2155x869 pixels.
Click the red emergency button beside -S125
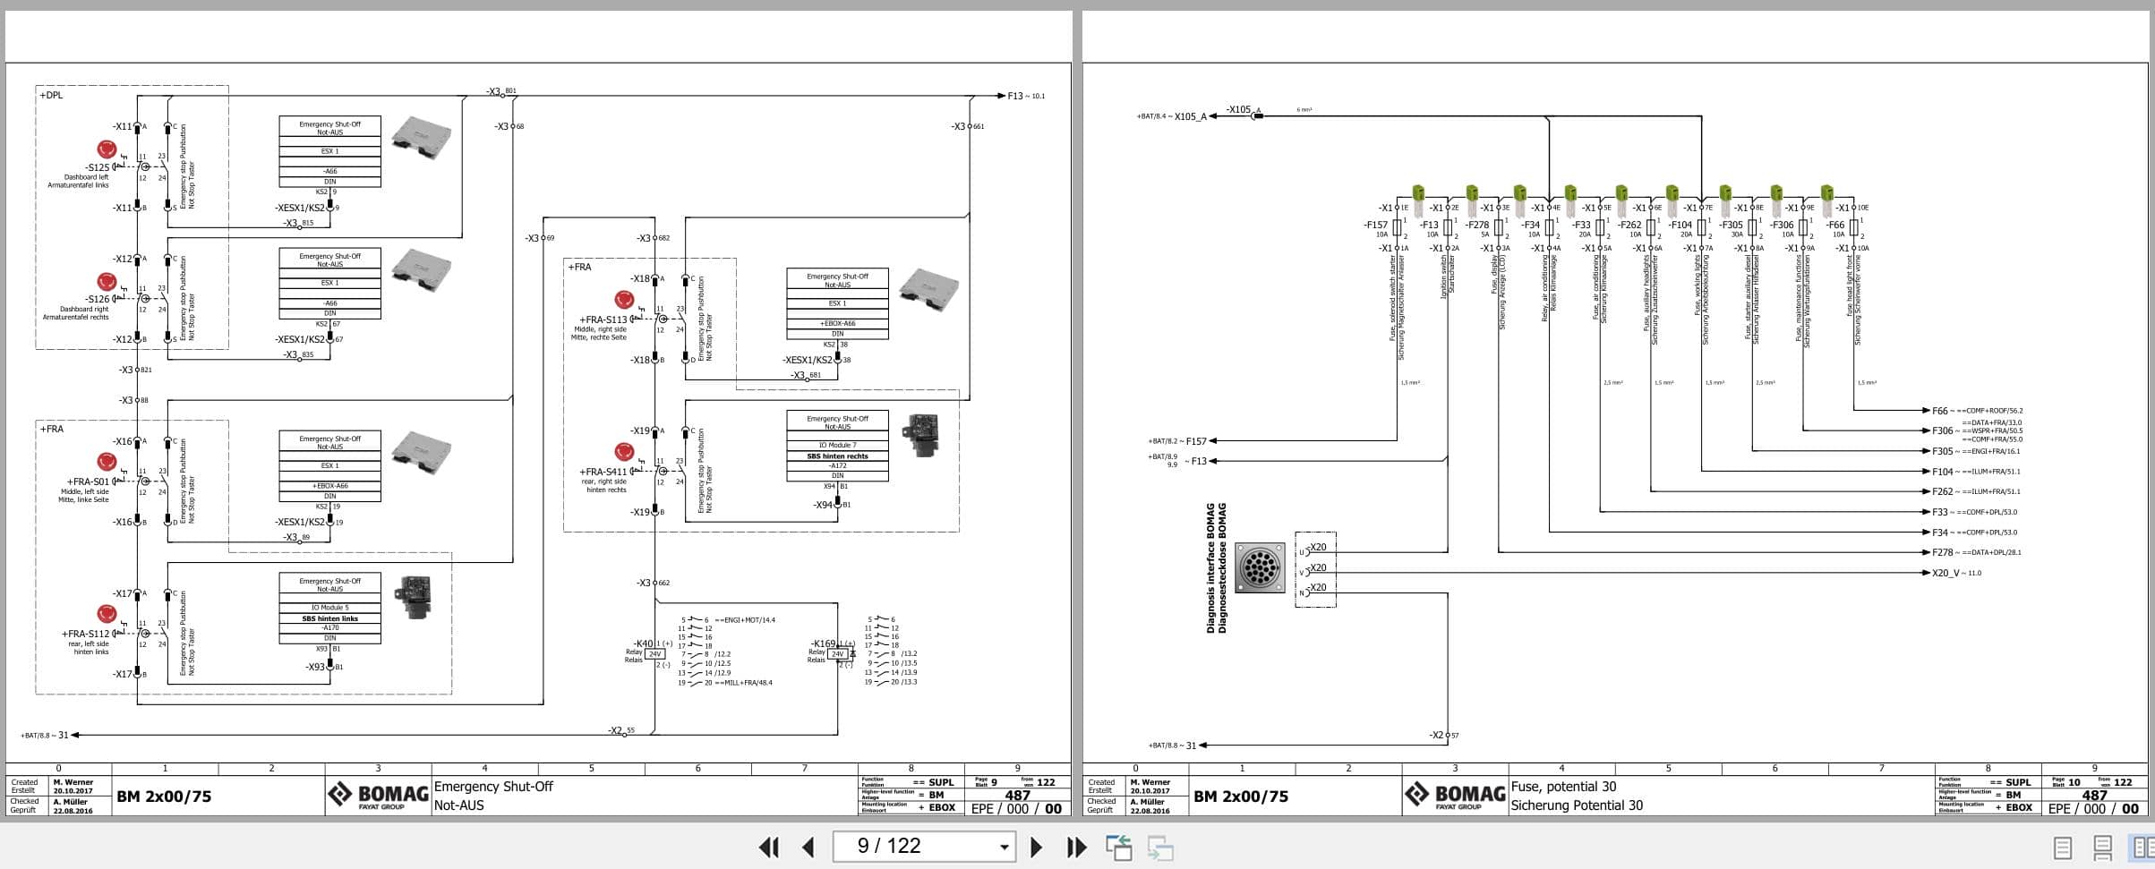[x=107, y=149]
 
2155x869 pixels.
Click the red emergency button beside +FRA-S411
[x=624, y=451]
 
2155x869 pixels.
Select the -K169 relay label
[x=823, y=643]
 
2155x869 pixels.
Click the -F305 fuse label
[x=1731, y=226]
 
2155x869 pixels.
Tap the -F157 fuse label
[x=1375, y=226]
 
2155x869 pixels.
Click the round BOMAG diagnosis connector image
[x=1259, y=567]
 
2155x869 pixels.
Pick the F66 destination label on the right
[x=1939, y=411]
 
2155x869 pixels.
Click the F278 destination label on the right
[x=1941, y=552]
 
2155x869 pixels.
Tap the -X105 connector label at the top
[x=1238, y=110]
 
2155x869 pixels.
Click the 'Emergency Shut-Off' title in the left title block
[x=493, y=787]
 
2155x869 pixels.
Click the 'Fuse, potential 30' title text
[x=1563, y=787]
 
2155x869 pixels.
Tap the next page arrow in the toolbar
[x=1036, y=847]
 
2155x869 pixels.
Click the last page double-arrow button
[x=1076, y=847]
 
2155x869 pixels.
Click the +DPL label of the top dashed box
[x=51, y=95]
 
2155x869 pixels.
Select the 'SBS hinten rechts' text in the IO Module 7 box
[x=837, y=456]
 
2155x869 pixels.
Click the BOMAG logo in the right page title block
[x=1455, y=795]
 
